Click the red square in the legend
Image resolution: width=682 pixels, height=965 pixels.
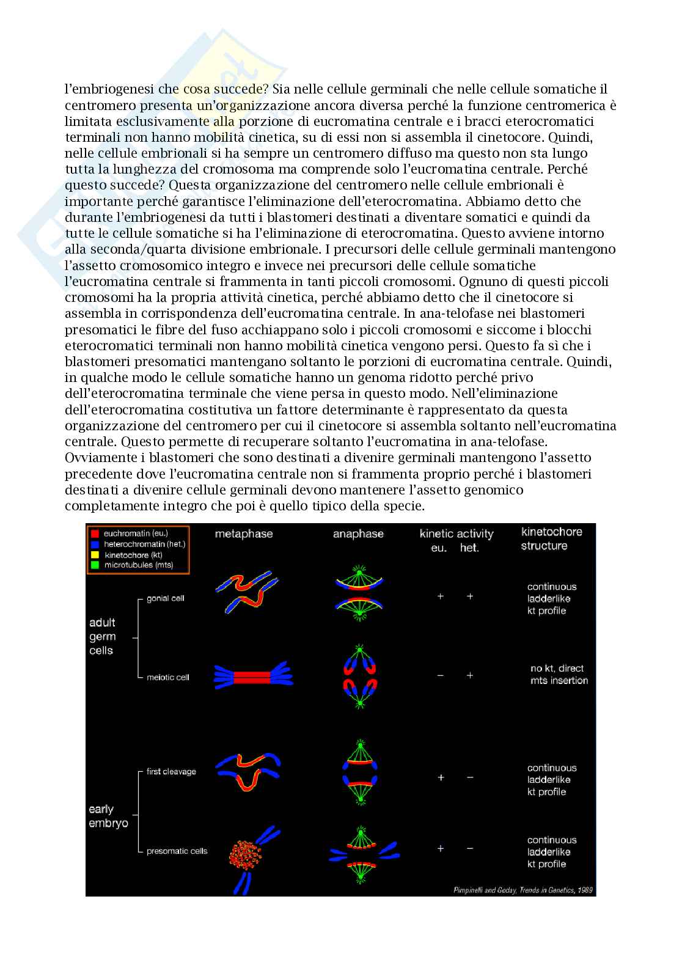[95, 534]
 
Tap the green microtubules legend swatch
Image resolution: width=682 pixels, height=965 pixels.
[95, 565]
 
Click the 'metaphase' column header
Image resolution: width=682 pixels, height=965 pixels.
[244, 534]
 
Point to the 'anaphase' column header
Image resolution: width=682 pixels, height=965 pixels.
[358, 534]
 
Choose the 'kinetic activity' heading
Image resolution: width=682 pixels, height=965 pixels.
[457, 534]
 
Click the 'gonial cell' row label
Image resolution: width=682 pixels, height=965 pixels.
[165, 598]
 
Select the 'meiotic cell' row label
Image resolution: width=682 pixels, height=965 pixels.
[168, 677]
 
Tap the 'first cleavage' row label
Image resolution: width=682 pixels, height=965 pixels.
[171, 771]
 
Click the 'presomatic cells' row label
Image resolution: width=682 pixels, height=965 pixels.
[177, 851]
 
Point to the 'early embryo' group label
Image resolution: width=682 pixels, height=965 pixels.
[108, 816]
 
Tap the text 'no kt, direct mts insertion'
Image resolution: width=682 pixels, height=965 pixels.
[558, 674]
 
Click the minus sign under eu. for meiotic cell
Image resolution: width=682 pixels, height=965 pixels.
[440, 675]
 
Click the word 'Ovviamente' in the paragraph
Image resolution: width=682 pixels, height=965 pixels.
[96, 457]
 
